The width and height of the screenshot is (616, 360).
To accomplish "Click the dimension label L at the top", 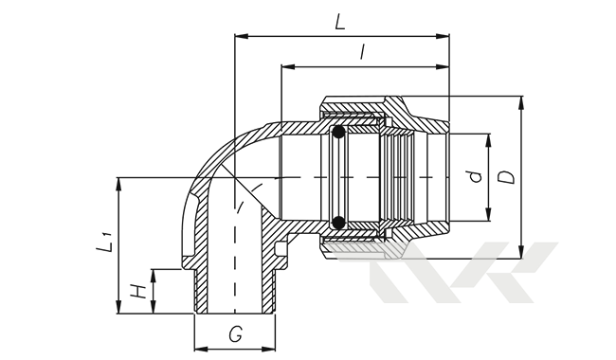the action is (340, 22).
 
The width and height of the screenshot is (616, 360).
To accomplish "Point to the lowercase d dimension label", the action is (476, 177).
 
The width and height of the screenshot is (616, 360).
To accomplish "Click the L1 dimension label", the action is (104, 242).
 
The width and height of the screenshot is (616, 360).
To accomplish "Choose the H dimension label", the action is (138, 291).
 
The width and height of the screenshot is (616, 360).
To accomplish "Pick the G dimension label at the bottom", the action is (235, 334).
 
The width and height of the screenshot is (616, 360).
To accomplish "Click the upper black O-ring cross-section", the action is (338, 133).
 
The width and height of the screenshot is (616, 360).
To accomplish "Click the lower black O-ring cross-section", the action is (338, 223).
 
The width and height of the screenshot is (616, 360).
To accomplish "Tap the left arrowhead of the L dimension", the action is (242, 36).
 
